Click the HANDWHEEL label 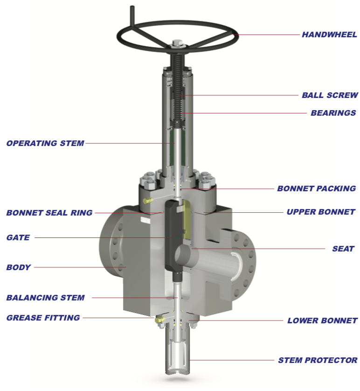click(x=329, y=35)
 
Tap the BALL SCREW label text click(x=330, y=95)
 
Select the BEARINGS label click(x=333, y=113)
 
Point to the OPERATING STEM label click(x=45, y=143)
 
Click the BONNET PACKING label click(x=316, y=189)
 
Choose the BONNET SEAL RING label click(x=49, y=213)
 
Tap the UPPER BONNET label click(x=321, y=212)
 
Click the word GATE click(x=18, y=237)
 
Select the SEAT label click(x=343, y=249)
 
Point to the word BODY click(x=19, y=267)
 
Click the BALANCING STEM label click(x=46, y=297)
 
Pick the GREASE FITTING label click(x=43, y=318)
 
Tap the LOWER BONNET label click(x=322, y=321)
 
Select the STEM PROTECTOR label click(x=318, y=360)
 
